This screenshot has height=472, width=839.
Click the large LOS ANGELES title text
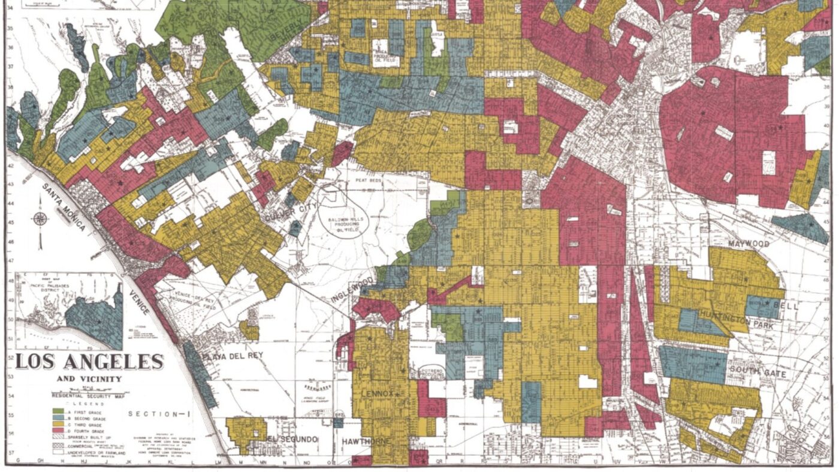[x=90, y=362]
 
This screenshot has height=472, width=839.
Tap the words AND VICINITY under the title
[x=89, y=379]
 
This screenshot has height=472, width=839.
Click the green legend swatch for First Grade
[x=59, y=411]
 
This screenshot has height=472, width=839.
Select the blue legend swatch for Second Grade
[x=59, y=417]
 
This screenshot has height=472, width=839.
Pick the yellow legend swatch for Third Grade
[x=59, y=424]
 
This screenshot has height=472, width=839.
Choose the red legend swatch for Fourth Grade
[x=59, y=431]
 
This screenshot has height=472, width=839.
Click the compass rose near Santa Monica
[x=40, y=220]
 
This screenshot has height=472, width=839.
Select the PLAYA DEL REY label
[x=232, y=356]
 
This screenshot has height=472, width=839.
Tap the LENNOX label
[x=378, y=393]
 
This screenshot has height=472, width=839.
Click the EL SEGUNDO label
[x=292, y=440]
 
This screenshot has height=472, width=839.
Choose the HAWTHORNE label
[x=366, y=442]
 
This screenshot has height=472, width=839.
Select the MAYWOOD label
[x=749, y=244]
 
